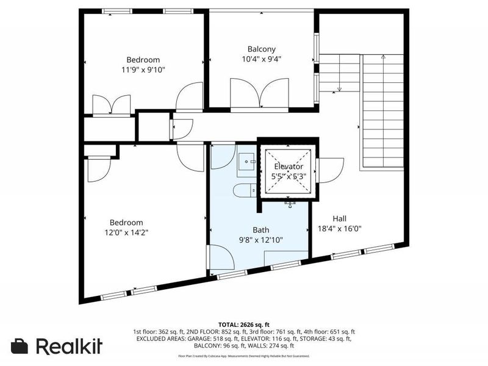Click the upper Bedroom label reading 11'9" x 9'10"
point(143,70)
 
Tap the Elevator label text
point(288,167)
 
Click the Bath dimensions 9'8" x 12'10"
point(261,240)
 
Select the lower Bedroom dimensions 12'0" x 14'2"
point(126,232)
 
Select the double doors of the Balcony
point(261,93)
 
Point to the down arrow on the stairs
point(340,89)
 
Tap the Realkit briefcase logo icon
point(20,346)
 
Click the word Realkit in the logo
point(69,346)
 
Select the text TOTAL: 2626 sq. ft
point(243,324)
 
